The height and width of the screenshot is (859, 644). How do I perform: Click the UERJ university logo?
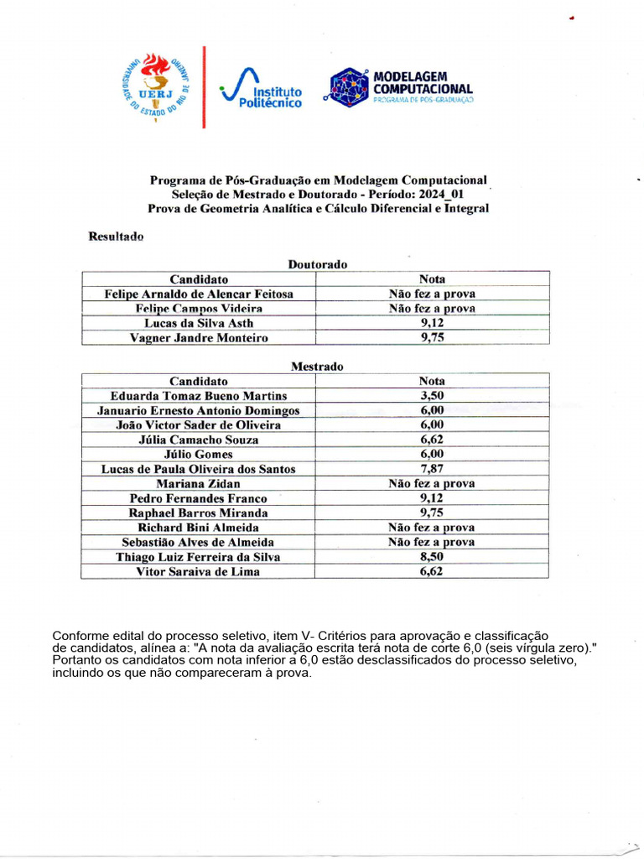coord(156,86)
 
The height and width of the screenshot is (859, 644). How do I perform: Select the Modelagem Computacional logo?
coord(401,87)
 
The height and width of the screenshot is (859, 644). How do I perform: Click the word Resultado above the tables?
coord(116,237)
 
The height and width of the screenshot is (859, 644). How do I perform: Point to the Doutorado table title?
coord(317,264)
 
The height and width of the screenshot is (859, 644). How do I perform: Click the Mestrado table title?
coord(317,367)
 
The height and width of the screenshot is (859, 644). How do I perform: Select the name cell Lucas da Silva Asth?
coord(199,323)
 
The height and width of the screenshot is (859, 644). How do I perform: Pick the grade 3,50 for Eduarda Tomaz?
coord(432,396)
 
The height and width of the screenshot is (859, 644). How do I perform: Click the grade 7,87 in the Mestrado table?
coord(432,469)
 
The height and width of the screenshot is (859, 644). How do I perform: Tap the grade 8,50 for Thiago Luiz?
coord(432,557)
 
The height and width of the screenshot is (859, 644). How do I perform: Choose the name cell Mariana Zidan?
coord(199,484)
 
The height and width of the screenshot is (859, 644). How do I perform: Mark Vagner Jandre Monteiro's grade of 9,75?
coord(432,338)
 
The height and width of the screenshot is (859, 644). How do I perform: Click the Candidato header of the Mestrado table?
coord(199,381)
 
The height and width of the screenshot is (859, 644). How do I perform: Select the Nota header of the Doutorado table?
coord(432,279)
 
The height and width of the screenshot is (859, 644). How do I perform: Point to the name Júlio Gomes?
coord(199,455)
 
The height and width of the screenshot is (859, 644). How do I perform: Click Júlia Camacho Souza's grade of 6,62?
coord(432,440)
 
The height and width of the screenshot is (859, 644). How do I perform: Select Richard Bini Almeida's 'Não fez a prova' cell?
coord(432,528)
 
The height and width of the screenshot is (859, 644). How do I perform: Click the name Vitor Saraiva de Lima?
coord(199,572)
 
